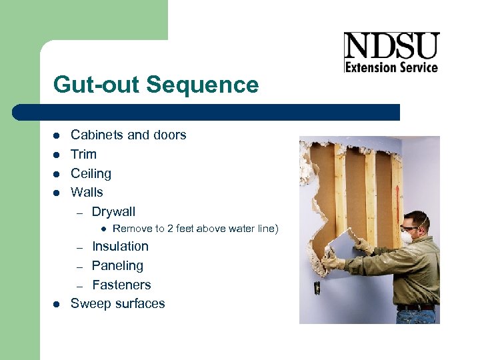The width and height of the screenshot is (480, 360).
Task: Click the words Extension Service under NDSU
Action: tap(391, 67)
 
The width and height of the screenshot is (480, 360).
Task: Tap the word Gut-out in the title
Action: tap(97, 85)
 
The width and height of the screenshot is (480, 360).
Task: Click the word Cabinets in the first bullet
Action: tap(97, 135)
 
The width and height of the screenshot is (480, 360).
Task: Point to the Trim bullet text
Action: tap(83, 154)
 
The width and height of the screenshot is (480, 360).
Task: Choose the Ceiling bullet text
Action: tap(91, 173)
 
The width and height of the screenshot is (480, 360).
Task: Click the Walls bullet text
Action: tap(87, 192)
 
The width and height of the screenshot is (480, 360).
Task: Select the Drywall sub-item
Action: tap(113, 211)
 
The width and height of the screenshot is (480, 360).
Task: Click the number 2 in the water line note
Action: tap(170, 229)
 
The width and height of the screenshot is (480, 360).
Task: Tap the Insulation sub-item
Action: tap(120, 246)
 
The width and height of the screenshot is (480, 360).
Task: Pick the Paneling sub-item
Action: tap(117, 265)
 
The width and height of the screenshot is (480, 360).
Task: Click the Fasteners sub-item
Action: tap(121, 285)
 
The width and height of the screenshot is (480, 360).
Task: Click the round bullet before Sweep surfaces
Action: tap(57, 304)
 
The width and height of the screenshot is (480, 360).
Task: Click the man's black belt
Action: tap(417, 307)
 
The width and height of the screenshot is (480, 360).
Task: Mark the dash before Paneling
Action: tap(78, 266)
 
